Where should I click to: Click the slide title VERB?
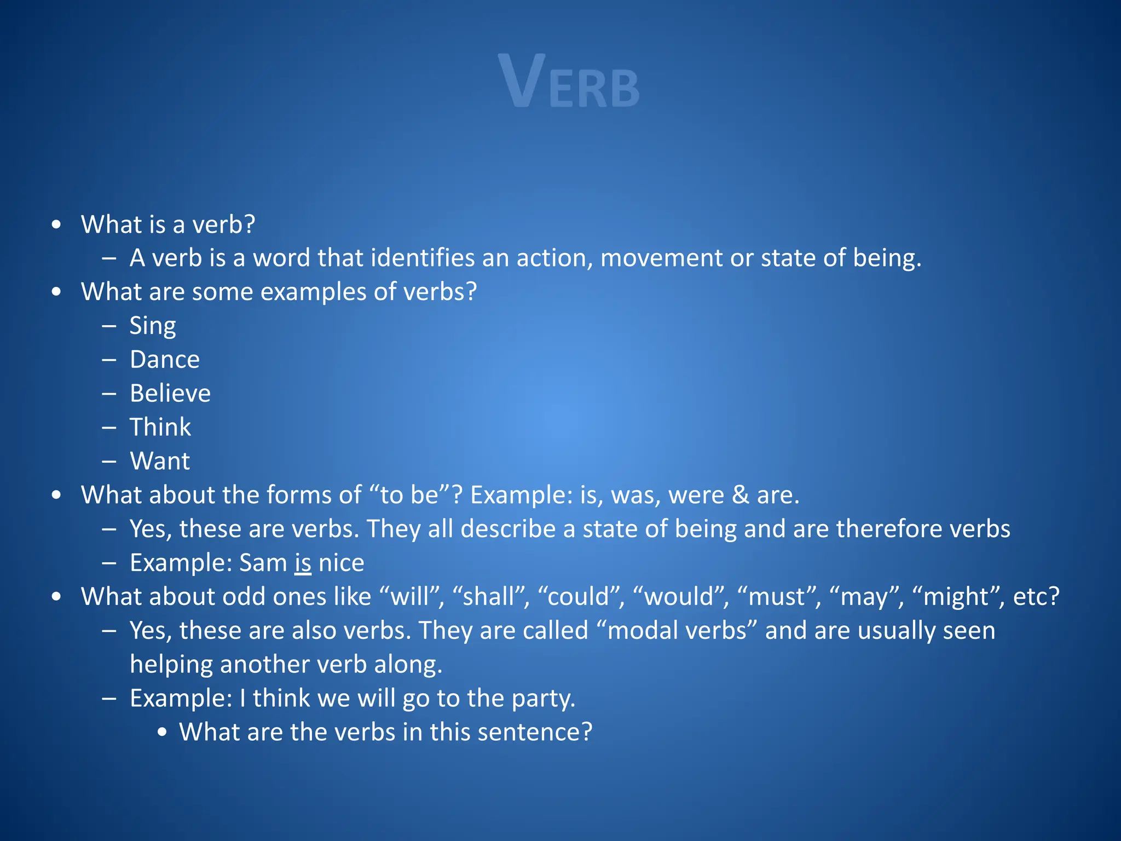569,82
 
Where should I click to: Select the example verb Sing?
153,326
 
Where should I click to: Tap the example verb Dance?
165,360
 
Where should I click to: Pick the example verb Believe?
170,394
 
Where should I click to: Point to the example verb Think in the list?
160,428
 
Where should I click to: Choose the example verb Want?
160,462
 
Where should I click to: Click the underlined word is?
303,563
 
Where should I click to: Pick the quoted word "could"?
580,597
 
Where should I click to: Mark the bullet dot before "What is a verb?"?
56,225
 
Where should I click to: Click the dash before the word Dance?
109,360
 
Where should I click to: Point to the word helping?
171,665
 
